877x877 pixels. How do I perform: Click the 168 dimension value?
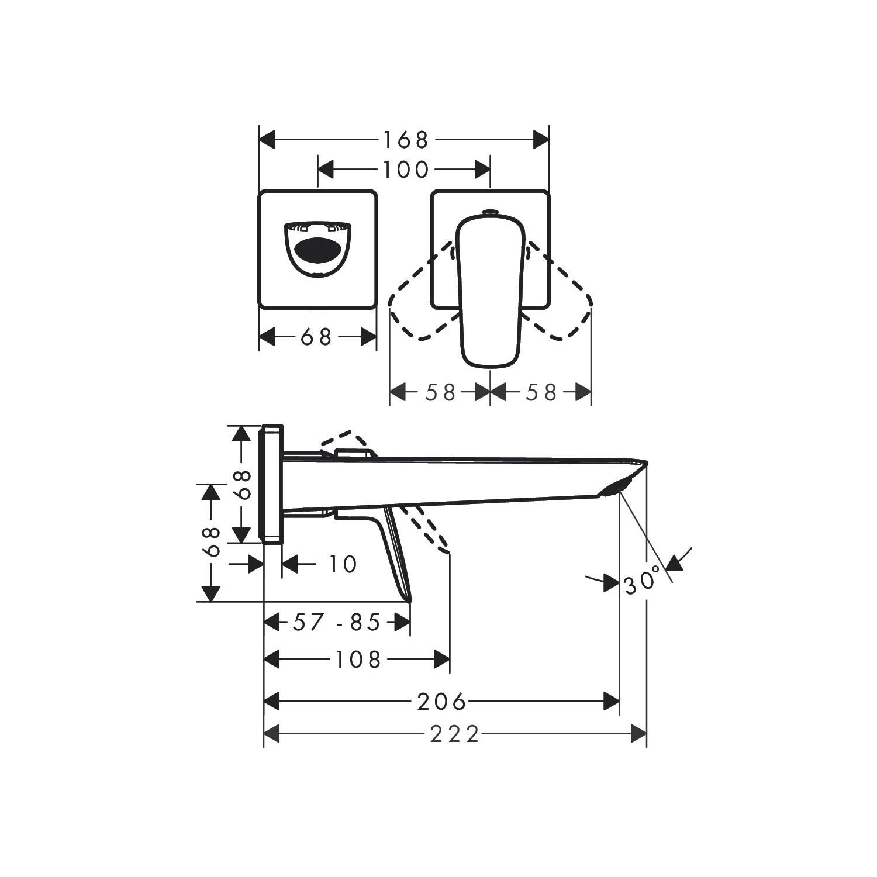coord(405,140)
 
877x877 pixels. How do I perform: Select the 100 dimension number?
coord(405,170)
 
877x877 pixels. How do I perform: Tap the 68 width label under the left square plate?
coord(316,337)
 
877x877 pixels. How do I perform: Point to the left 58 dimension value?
coord(440,392)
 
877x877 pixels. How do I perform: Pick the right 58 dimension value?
coord(541,392)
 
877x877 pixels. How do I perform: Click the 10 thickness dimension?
coord(342,565)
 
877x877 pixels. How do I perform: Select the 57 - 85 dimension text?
coord(337,623)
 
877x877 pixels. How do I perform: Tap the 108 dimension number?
coord(358,660)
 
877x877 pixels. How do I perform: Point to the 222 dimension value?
coord(455,734)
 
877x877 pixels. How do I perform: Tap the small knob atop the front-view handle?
coord(490,212)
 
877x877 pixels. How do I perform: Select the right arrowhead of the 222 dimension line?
coord(639,734)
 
